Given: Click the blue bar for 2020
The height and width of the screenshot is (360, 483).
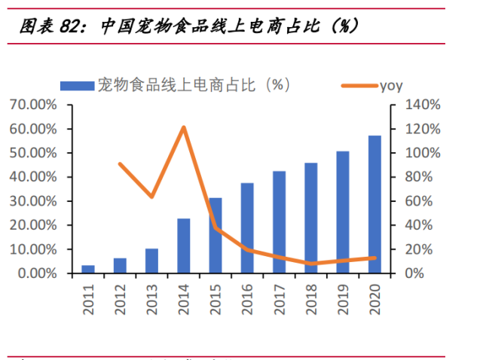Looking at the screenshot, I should [374, 204].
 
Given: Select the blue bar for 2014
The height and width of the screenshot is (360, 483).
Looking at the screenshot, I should [184, 246].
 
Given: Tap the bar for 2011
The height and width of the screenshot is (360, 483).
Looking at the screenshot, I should [88, 269].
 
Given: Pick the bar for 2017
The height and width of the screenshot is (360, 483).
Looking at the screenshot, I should [279, 222].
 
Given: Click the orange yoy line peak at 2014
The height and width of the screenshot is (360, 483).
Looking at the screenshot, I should [184, 127].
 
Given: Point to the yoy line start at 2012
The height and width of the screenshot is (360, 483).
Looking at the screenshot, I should [121, 163].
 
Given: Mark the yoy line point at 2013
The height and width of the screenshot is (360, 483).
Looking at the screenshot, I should [152, 197].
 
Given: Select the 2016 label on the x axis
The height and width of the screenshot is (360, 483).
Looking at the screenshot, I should [247, 294].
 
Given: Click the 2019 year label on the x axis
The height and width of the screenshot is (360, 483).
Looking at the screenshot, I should [343, 294].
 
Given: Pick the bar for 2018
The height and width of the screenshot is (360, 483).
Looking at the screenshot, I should [311, 218].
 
